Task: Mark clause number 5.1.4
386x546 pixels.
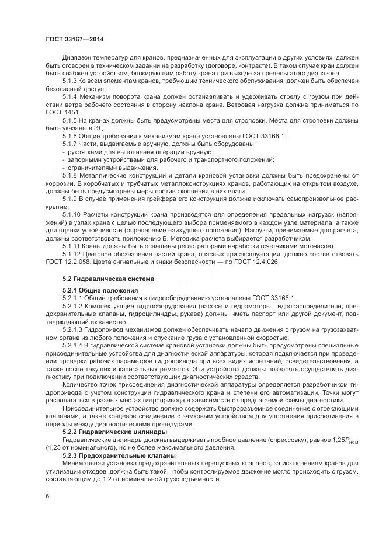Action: [x=71, y=95]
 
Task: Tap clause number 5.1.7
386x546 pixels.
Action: [x=71, y=144]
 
